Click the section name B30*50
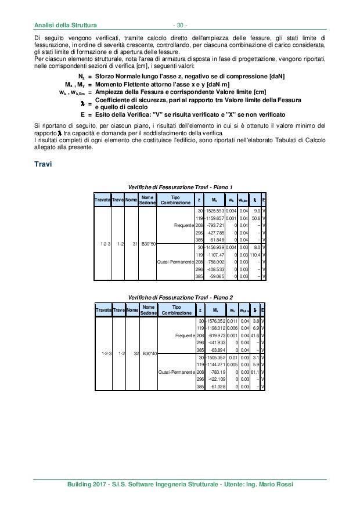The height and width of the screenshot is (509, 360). (148, 244)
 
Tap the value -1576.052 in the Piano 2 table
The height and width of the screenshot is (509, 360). (213, 321)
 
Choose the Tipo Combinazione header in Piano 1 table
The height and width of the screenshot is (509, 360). (175, 201)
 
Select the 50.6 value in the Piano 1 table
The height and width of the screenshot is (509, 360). (254, 218)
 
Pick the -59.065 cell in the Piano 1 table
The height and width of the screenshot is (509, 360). (214, 277)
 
